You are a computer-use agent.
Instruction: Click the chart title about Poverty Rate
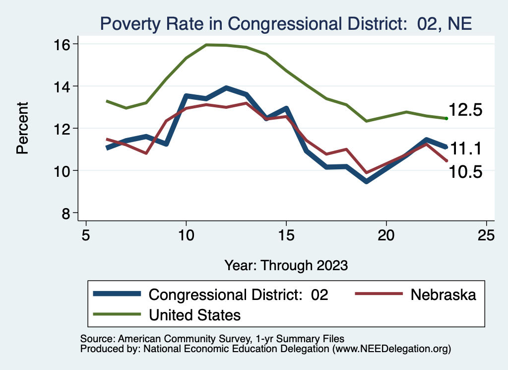285,24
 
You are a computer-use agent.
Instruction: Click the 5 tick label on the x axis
86,234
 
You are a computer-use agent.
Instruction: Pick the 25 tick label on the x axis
487,234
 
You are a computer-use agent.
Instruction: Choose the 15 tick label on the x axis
286,234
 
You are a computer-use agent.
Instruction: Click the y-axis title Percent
22,128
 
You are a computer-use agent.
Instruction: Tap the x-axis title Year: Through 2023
286,265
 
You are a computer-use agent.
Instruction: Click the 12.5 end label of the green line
465,110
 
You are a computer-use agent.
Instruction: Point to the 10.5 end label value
465,172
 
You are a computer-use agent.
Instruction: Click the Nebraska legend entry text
443,295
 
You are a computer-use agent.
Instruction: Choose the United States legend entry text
195,314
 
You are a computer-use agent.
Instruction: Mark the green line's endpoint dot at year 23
446,118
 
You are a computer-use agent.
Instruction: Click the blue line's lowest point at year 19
367,182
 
